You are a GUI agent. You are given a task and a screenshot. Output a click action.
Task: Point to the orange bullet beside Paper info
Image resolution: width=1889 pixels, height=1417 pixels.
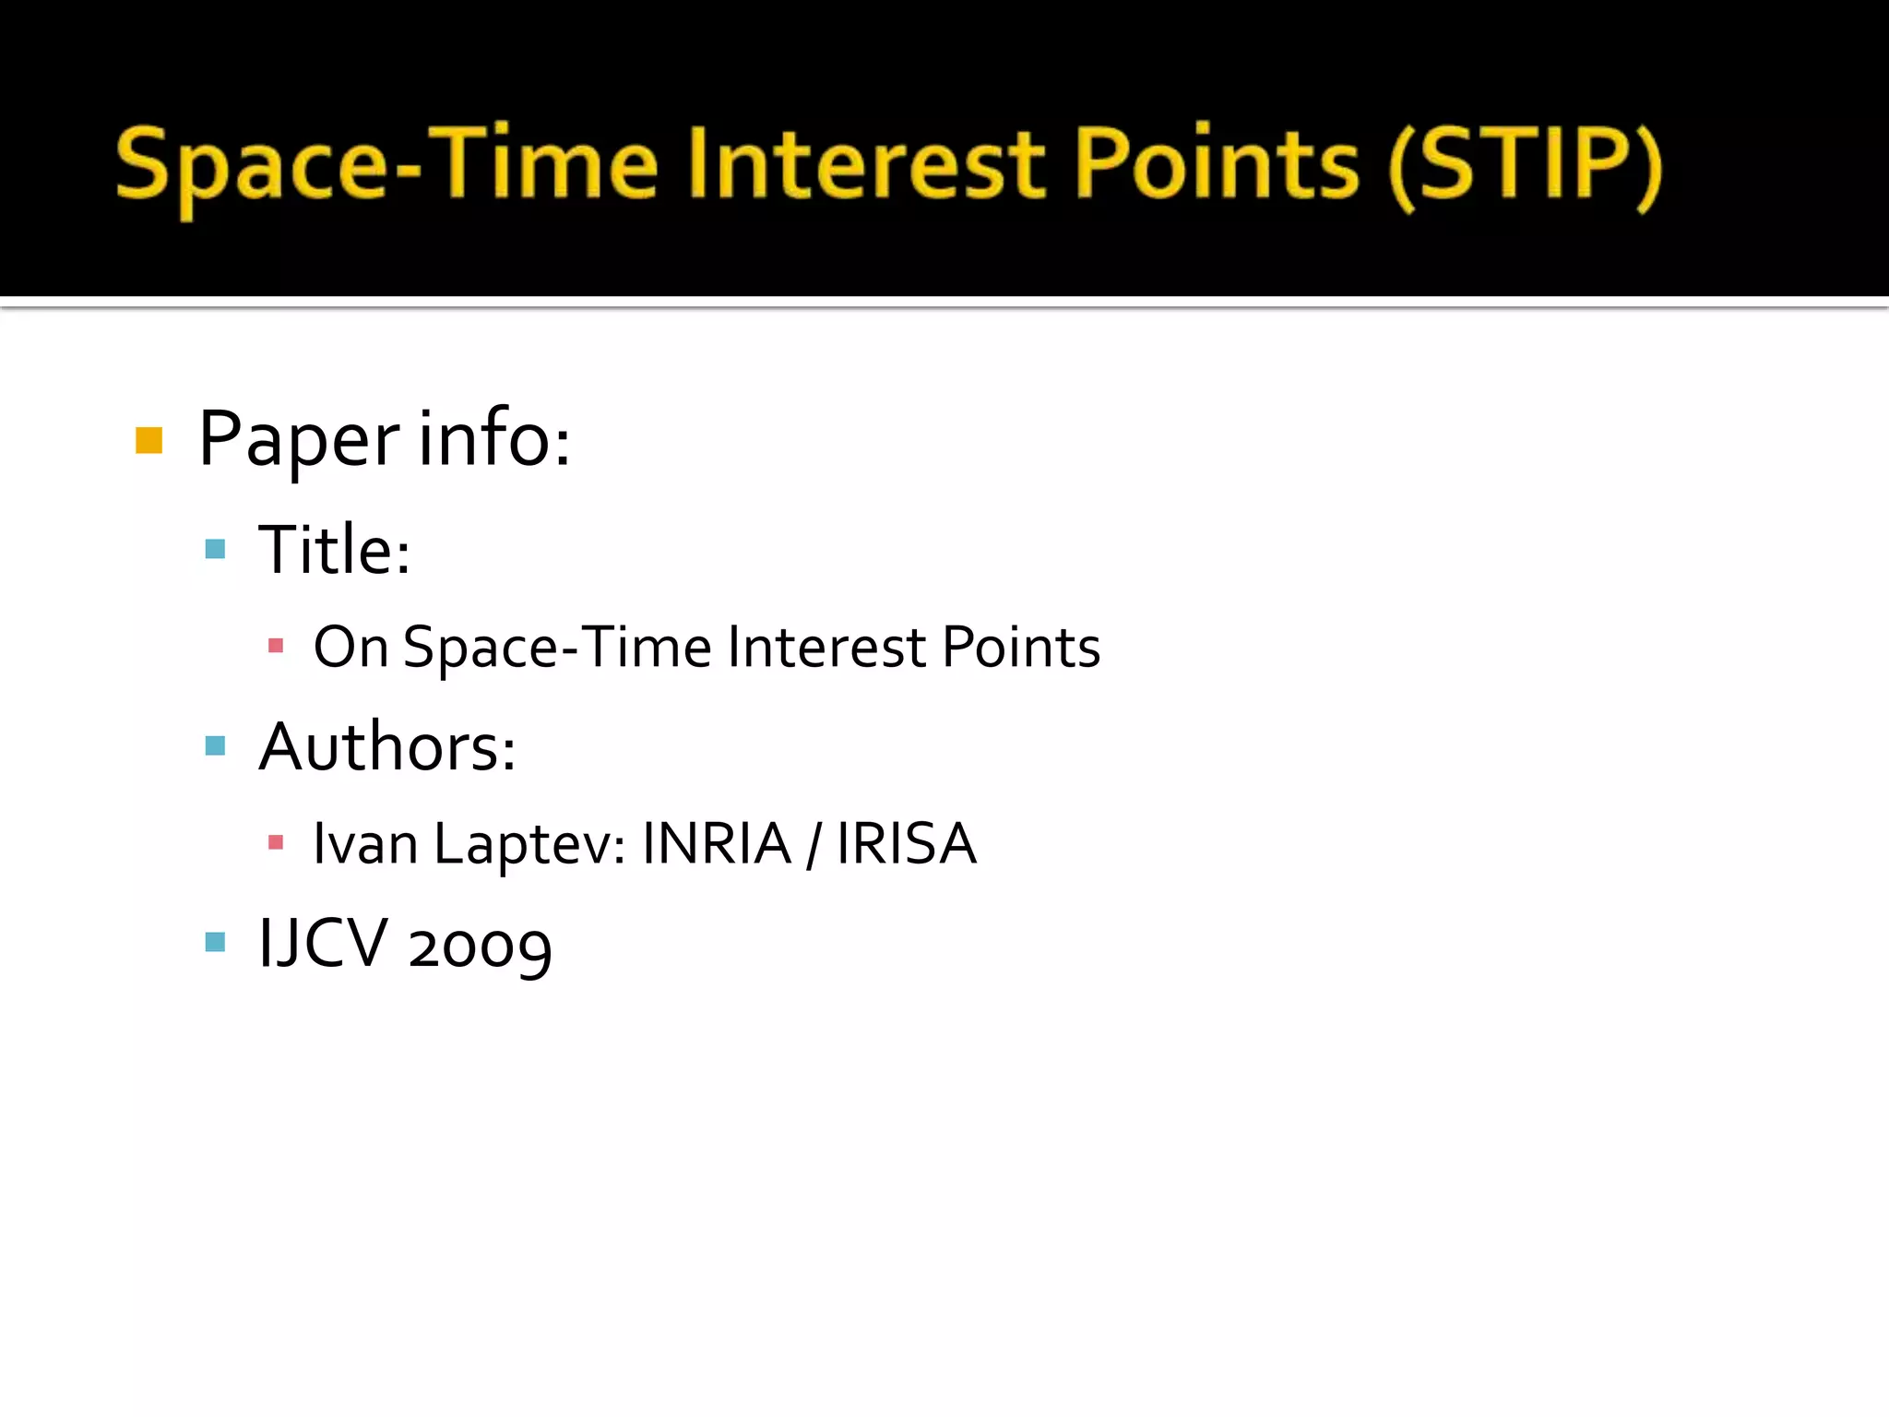149,440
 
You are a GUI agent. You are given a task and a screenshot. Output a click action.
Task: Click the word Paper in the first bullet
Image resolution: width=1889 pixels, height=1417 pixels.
299,440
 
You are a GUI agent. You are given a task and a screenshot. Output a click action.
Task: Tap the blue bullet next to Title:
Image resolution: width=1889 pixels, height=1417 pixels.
215,550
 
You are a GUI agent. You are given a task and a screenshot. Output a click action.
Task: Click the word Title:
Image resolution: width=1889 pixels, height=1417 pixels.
334,550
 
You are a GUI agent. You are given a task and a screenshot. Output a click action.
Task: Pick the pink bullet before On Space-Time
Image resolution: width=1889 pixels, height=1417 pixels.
275,646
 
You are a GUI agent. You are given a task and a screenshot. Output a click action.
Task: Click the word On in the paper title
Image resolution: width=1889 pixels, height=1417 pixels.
350,647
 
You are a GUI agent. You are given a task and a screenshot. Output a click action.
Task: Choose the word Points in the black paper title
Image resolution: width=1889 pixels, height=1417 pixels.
1021,647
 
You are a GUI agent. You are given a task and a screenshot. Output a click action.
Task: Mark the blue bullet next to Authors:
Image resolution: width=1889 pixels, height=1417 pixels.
215,745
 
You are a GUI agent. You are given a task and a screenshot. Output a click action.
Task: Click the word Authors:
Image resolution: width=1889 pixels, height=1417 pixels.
387,747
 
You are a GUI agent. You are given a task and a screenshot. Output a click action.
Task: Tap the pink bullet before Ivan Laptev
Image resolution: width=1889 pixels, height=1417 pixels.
275,841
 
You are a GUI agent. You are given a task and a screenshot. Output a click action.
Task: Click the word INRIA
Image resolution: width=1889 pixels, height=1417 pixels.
717,843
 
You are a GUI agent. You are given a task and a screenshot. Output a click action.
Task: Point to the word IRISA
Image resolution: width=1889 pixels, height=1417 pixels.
906,843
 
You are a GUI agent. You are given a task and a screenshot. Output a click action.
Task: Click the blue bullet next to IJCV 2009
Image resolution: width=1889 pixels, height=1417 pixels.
215,942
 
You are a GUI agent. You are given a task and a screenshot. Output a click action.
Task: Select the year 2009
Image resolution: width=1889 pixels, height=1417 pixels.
480,947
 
